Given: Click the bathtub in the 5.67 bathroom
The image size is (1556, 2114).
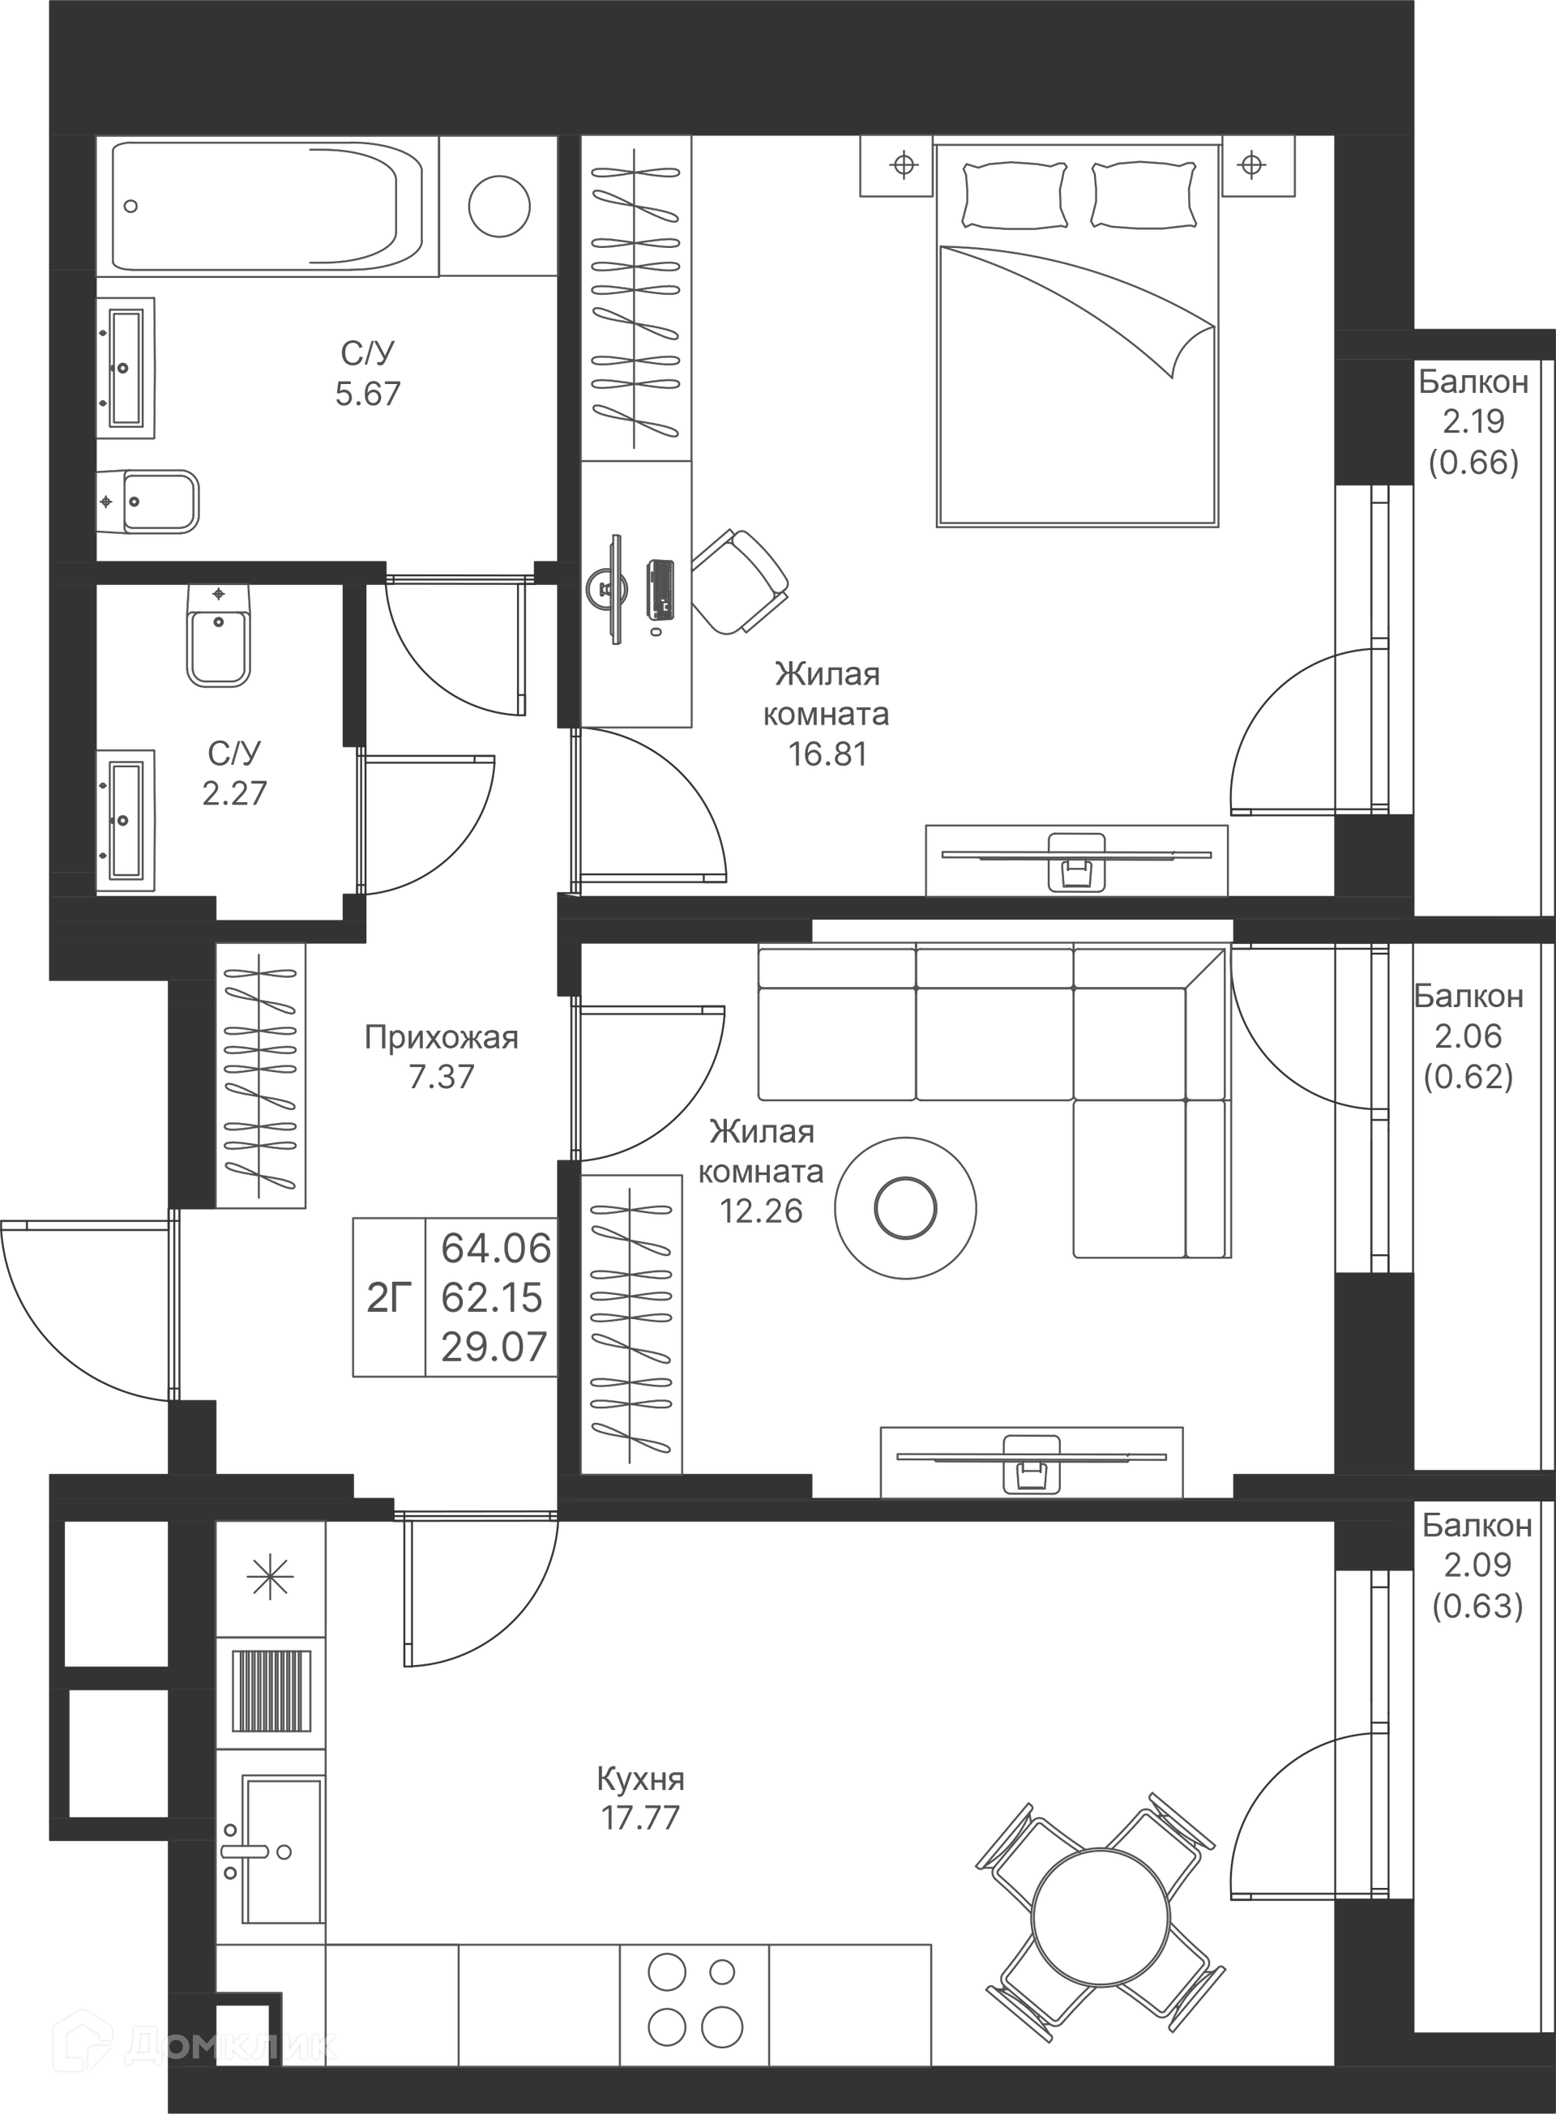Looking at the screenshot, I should point(266,207).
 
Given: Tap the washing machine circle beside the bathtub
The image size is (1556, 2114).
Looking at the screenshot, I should point(499,207).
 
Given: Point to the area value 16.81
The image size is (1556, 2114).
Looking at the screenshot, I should point(827,754).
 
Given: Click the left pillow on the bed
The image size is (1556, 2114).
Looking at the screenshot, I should point(1015,195).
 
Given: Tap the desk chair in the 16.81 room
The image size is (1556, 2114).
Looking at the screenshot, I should point(741,581).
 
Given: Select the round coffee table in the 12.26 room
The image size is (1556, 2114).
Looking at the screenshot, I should point(905,1207).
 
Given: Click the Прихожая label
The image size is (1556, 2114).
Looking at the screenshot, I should point(441,1037).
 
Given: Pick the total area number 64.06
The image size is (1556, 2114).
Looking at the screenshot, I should point(495,1249).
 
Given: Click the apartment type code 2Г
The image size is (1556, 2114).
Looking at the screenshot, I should point(389,1297).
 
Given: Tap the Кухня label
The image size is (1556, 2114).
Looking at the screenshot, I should point(640,1779).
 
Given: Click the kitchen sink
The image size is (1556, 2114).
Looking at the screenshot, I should point(280,1851).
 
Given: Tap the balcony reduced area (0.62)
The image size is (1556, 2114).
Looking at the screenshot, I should point(1468,1075).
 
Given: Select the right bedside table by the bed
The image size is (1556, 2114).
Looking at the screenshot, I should point(1259,166).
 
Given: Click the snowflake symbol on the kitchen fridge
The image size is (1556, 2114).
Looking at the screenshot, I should point(271,1578).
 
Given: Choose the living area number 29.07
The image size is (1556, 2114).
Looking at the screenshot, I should point(494,1347).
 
